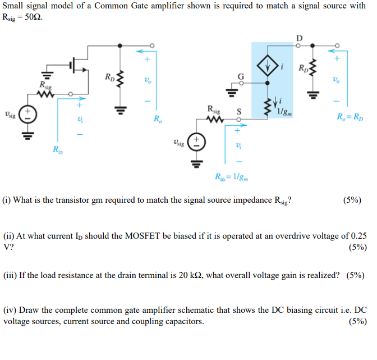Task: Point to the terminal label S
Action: tap(238, 112)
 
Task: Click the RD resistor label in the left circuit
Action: tap(109, 77)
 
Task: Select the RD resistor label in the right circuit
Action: tap(304, 70)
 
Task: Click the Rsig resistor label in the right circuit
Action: tap(214, 110)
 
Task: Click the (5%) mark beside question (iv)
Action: tap(357, 321)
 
